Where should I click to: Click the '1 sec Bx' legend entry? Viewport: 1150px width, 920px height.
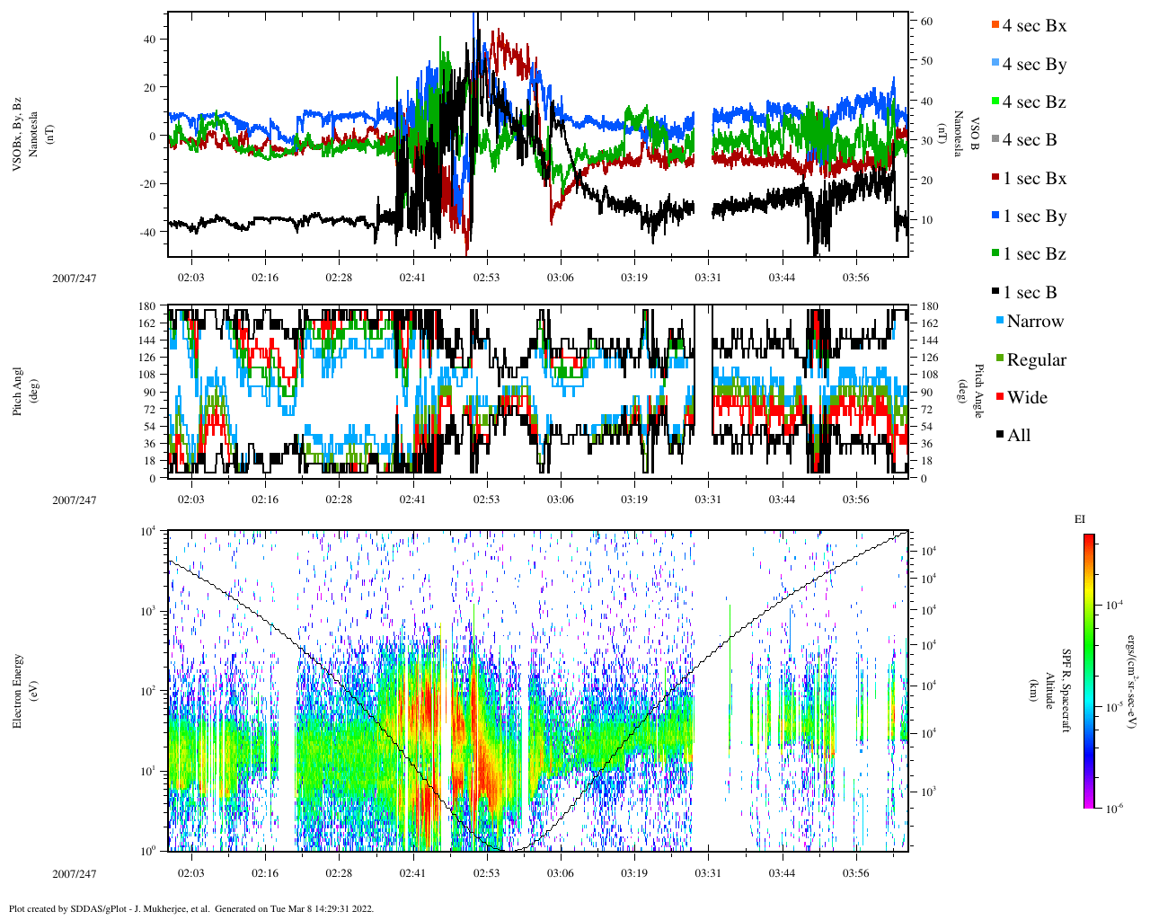click(1034, 179)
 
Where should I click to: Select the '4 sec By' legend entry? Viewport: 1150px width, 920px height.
click(1034, 65)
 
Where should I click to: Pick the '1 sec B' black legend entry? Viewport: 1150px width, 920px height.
click(1030, 293)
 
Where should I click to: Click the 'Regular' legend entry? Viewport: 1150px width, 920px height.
click(1036, 360)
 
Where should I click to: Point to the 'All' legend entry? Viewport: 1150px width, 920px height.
click(1019, 436)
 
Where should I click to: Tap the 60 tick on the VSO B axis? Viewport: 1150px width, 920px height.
click(925, 22)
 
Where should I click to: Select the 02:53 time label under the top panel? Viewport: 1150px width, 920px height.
click(486, 278)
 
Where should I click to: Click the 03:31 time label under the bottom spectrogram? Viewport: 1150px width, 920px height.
click(708, 873)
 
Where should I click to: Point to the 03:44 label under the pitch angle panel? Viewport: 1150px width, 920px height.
click(782, 500)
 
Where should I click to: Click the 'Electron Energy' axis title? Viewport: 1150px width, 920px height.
click(17, 690)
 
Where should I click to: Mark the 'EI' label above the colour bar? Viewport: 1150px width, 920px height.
click(1080, 519)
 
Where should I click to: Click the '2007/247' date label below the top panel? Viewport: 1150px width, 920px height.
click(74, 278)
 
